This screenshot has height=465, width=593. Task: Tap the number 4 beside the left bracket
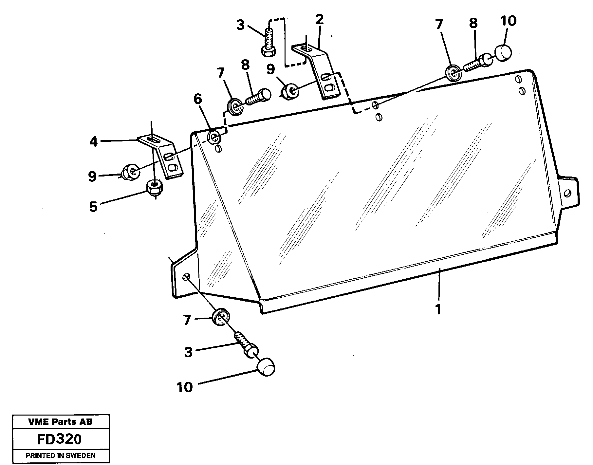pos(94,142)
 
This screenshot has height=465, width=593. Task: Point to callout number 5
pos(93,207)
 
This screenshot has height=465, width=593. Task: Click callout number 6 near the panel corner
pos(198,99)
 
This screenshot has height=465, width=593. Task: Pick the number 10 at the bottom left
pos(185,387)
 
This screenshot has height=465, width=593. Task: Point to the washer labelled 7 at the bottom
pos(221,317)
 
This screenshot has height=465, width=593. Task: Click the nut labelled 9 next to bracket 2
pos(290,92)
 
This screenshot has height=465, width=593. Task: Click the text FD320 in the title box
pos(59,439)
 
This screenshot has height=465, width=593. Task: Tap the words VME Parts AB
pos(60,422)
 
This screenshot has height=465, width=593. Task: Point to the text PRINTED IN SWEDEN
pos(60,456)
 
